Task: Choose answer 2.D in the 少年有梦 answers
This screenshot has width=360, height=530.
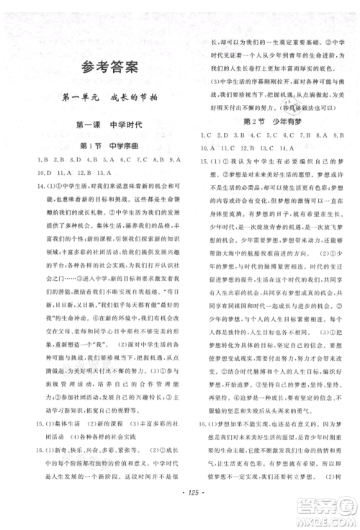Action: tap(222, 135)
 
